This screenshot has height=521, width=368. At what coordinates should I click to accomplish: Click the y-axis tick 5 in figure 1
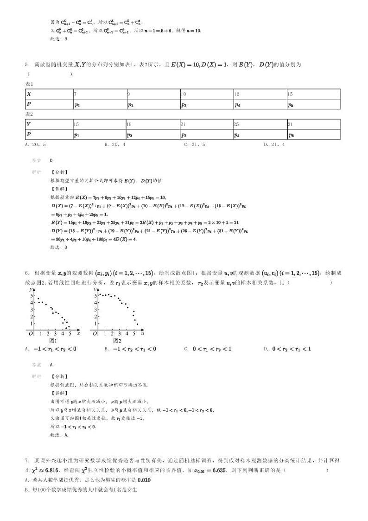pyautogui.click(x=32, y=295)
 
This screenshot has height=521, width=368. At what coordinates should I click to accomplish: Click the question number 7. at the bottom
pyautogui.click(x=28, y=460)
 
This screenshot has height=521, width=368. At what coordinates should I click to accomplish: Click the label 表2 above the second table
pyautogui.click(x=29, y=114)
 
